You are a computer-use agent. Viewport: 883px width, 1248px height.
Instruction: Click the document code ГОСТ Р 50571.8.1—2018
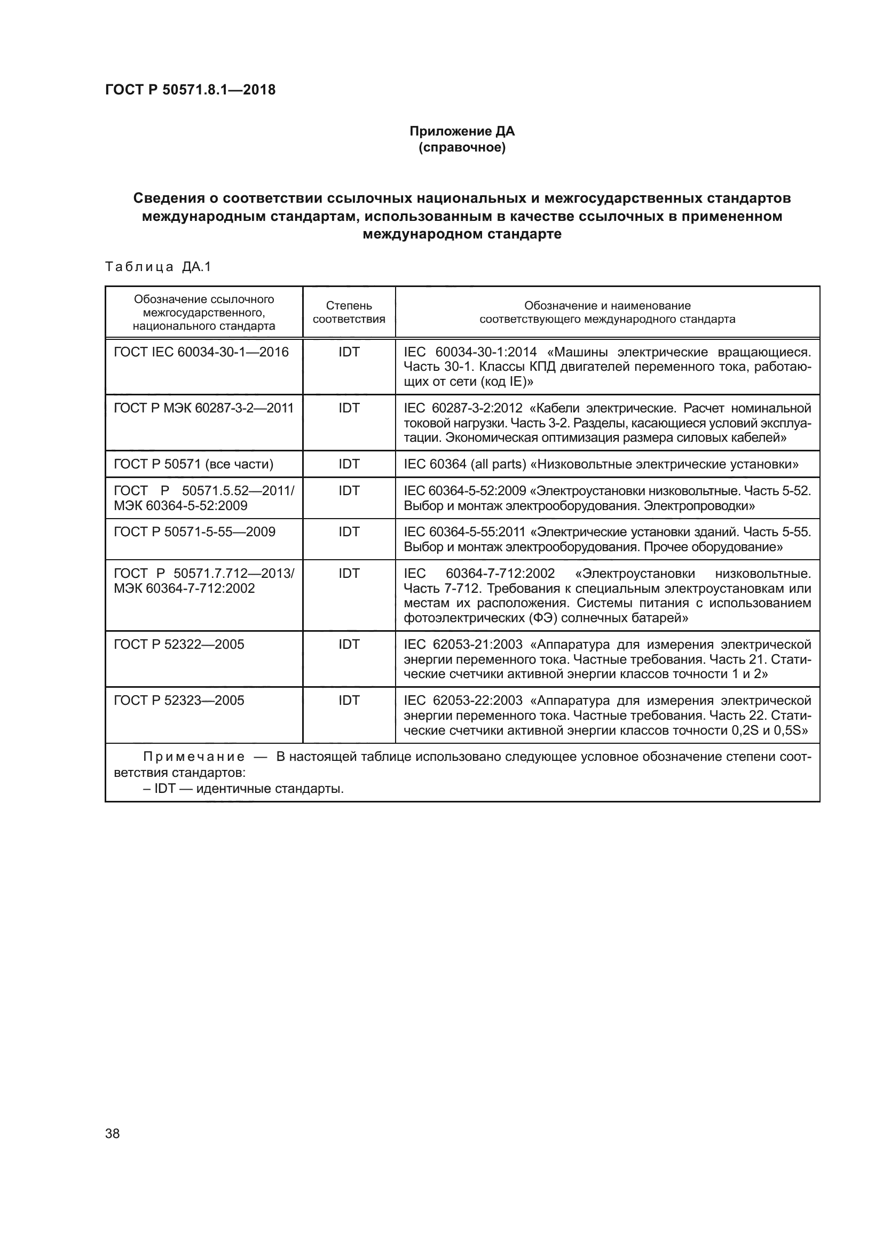point(190,90)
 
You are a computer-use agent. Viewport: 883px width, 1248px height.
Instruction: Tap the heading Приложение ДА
point(462,131)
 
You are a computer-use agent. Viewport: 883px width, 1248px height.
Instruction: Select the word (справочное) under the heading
point(462,147)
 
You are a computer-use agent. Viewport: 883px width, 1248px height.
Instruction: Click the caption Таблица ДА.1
point(157,266)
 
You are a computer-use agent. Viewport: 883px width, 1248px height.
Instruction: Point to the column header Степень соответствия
point(349,312)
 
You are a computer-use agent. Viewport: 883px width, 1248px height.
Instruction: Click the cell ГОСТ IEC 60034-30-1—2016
point(201,352)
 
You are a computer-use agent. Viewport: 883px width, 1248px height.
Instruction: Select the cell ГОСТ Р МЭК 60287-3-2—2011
point(203,408)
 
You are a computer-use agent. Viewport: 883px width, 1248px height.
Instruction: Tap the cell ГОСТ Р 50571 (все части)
point(194,464)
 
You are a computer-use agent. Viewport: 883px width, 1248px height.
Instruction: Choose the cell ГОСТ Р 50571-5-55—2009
point(195,531)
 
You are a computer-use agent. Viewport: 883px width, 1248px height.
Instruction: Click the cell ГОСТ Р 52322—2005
point(179,644)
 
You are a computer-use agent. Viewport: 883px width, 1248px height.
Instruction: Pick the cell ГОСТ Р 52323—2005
point(179,700)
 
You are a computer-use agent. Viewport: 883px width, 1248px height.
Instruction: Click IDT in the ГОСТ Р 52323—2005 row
point(349,700)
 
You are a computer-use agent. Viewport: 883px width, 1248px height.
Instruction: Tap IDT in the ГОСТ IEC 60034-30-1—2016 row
point(349,352)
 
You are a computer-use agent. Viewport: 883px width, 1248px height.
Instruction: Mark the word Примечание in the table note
point(194,757)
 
